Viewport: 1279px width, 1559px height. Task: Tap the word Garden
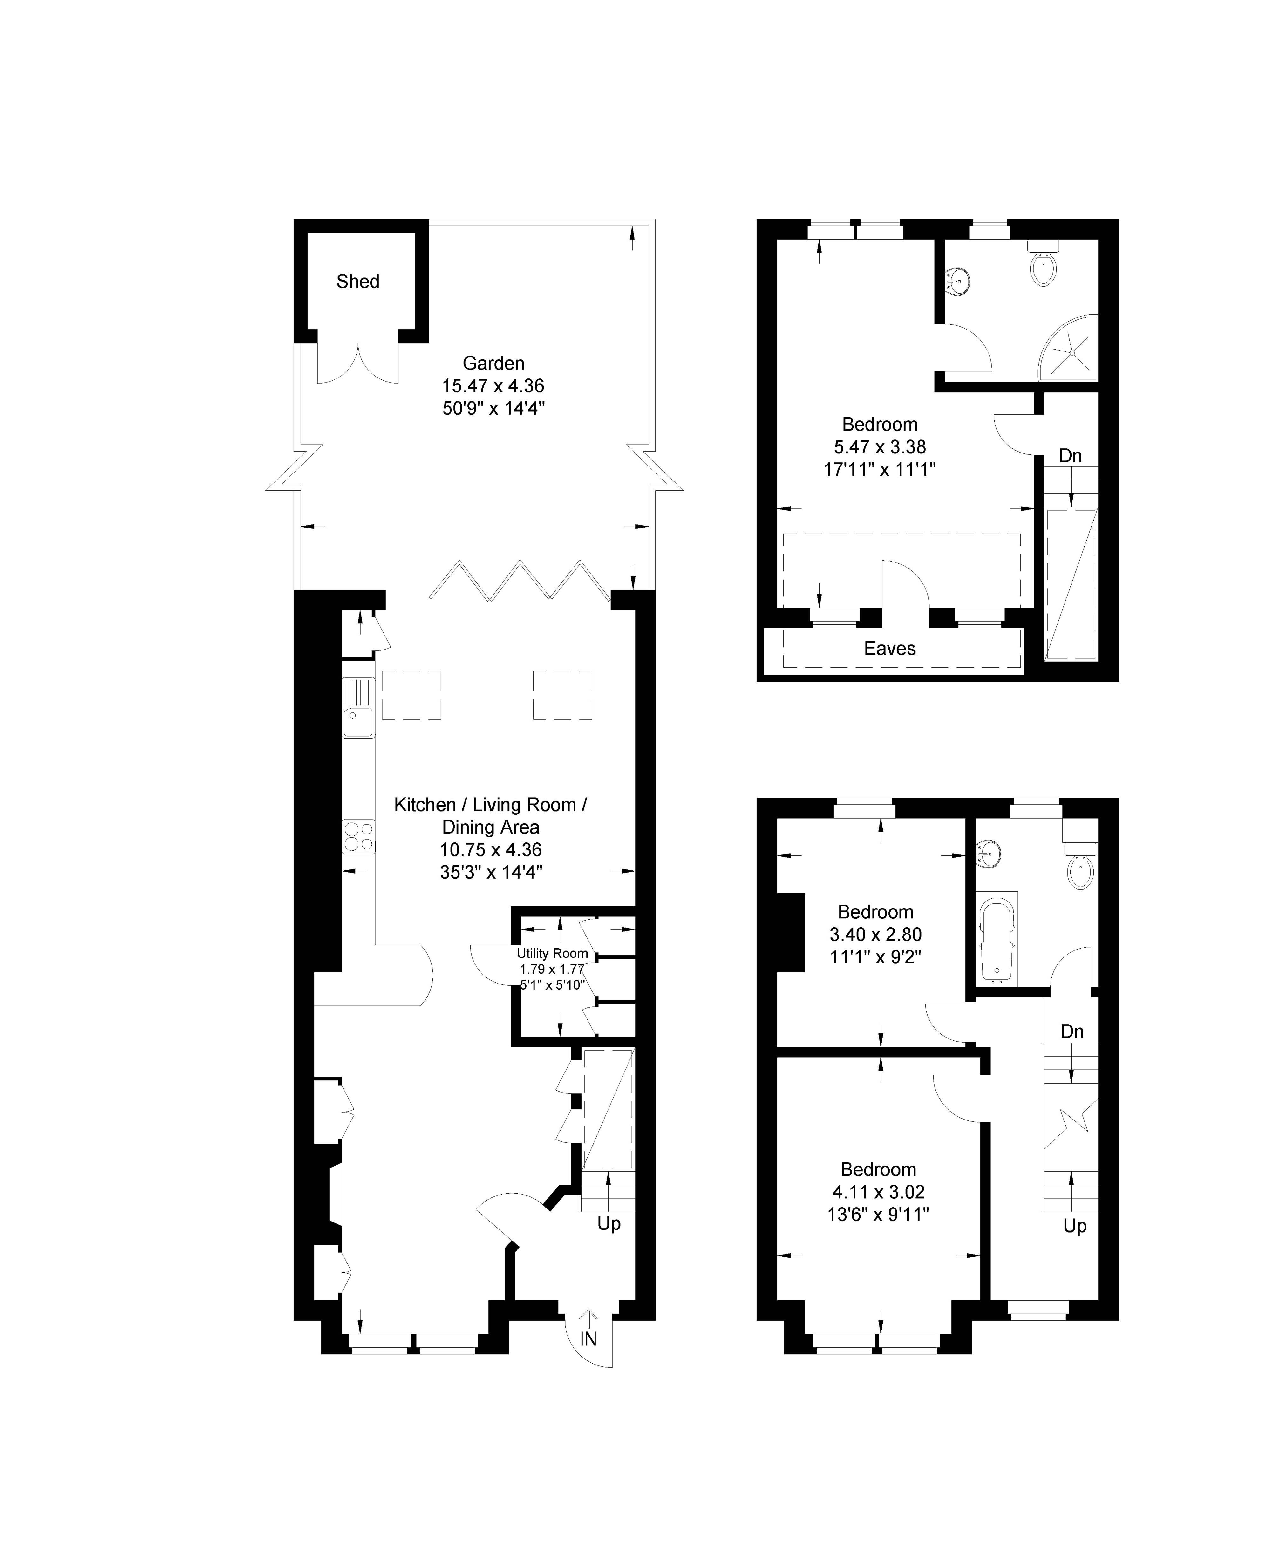[x=493, y=363]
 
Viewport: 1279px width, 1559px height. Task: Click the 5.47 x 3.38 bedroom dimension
[x=880, y=446]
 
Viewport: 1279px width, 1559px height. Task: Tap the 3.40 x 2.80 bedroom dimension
[x=876, y=934]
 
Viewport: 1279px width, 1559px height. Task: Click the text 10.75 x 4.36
[x=491, y=849]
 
